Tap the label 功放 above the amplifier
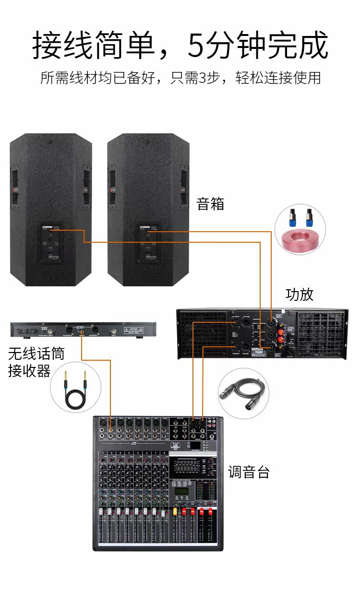[x=299, y=294]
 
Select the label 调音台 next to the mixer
[x=249, y=472]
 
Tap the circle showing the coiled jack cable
[x=76, y=386]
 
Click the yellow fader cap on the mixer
[x=176, y=511]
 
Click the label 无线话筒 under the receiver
[x=36, y=354]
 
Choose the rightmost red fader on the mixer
[x=210, y=512]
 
